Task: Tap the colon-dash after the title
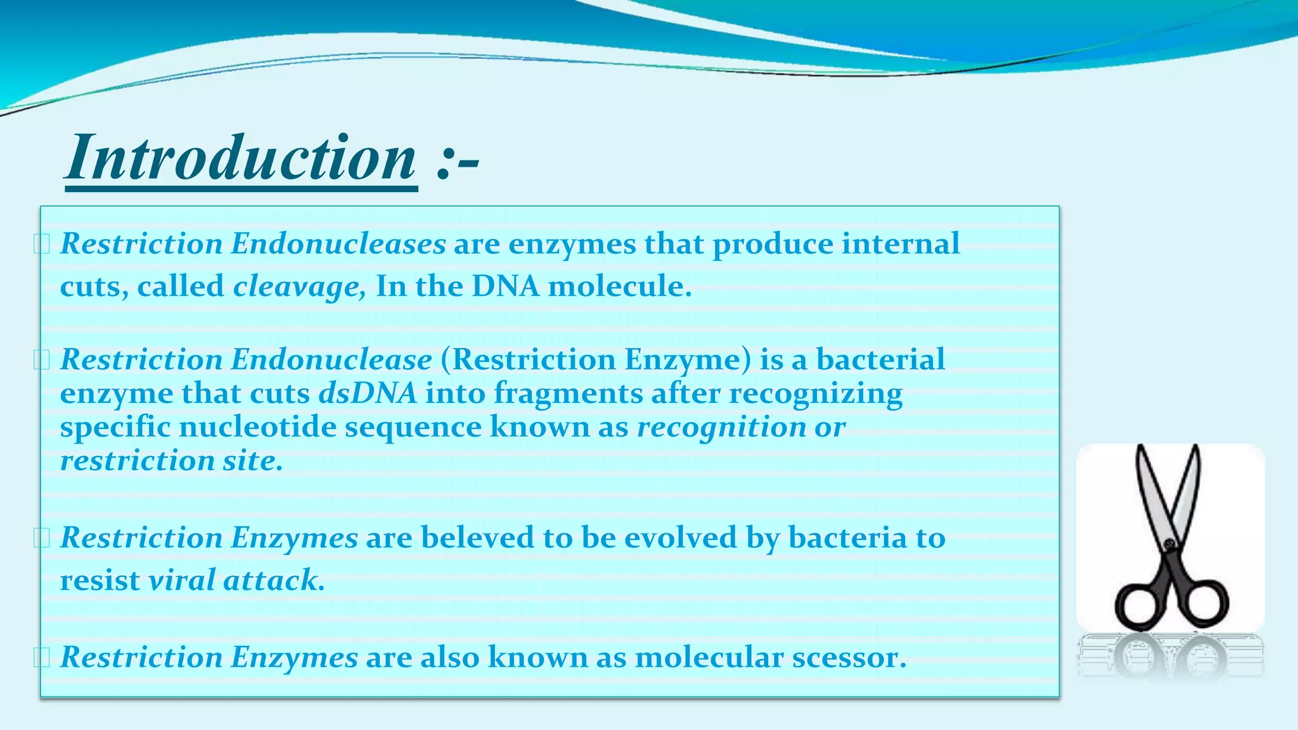[458, 162]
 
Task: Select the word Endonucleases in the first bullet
[338, 244]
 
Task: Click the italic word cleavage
[298, 286]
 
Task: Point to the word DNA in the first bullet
[505, 286]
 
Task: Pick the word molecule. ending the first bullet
[619, 286]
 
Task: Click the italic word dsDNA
[368, 393]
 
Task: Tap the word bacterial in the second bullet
[880, 360]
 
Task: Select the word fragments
[568, 393]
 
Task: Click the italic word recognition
[721, 426]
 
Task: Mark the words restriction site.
[171, 461]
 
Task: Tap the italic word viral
[182, 580]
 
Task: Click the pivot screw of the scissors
[1169, 544]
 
